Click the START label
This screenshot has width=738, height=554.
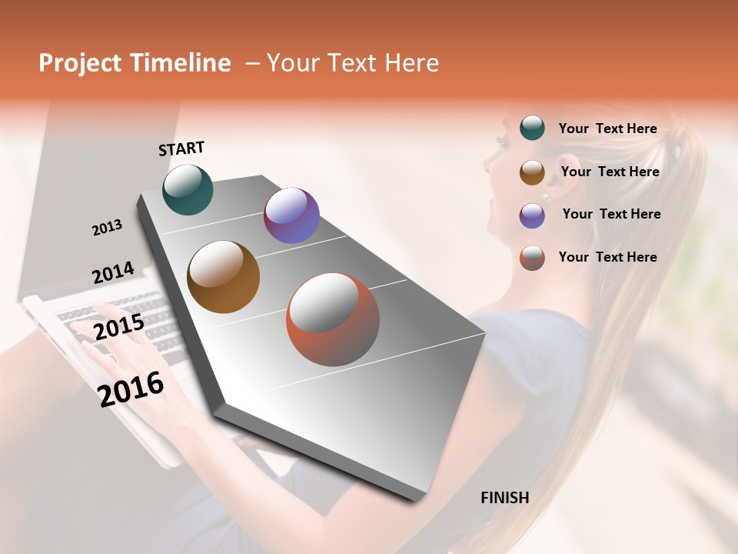181,149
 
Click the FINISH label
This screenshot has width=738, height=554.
504,498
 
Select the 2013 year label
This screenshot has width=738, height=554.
107,228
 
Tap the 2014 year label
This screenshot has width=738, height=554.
113,273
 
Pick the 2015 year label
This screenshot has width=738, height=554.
118,327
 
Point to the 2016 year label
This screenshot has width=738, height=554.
131,389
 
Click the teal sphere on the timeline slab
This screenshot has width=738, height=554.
188,189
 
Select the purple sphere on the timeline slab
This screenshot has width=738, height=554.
291,215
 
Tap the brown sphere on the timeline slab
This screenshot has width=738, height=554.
224,277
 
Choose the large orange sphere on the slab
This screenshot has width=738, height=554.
333,319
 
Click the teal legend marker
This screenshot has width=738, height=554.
532,128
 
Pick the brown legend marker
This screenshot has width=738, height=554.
532,172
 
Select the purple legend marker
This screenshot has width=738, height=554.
532,215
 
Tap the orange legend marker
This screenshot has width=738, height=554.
532,258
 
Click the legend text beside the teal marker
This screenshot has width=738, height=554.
607,128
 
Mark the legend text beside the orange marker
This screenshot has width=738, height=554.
607,257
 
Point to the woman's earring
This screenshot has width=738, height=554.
546,197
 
